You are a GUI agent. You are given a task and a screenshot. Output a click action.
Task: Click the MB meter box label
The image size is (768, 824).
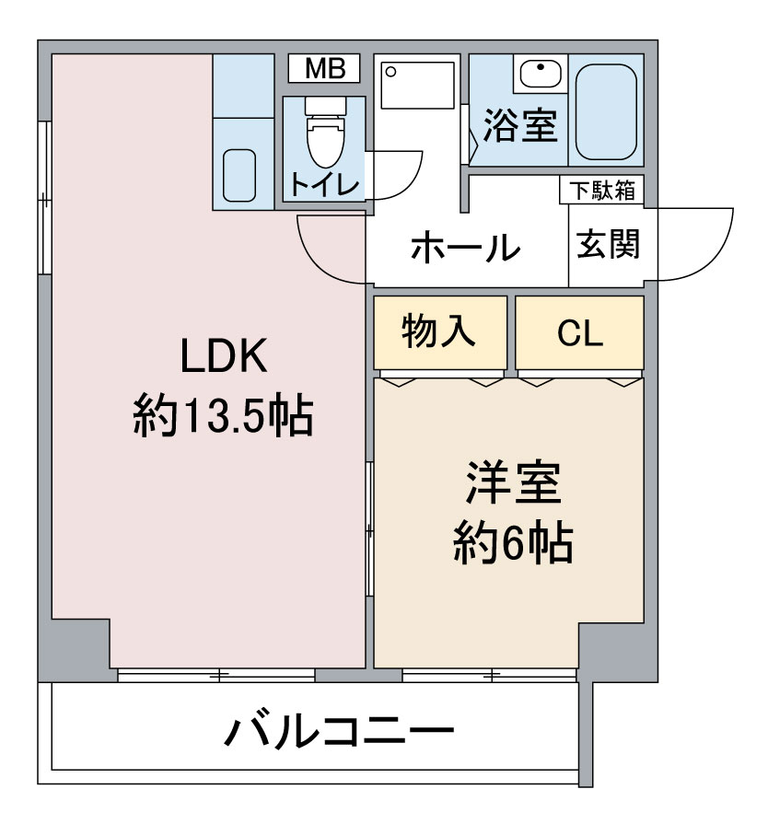(x=325, y=69)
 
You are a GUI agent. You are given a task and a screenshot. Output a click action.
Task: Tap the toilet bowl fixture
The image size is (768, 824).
(x=326, y=133)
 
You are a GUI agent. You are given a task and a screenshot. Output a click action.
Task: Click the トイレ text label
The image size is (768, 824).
(x=324, y=184)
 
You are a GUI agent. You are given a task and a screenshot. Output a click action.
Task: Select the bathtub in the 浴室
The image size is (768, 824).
(x=606, y=111)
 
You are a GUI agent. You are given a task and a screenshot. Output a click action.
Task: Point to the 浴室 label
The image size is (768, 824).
(x=520, y=125)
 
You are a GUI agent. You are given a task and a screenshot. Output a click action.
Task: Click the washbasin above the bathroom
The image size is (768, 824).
(x=540, y=74)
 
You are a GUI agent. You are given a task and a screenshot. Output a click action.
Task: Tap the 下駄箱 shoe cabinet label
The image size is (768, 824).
(x=603, y=191)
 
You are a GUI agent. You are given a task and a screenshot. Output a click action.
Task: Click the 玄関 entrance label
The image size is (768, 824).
(x=608, y=244)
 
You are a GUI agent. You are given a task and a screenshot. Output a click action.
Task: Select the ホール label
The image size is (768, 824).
(x=465, y=247)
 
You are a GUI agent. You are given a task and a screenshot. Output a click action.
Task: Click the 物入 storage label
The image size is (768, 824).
(x=438, y=331)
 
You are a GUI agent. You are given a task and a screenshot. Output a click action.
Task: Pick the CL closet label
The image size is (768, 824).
(x=580, y=332)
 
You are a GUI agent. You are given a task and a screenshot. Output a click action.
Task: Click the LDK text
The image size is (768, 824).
(x=224, y=355)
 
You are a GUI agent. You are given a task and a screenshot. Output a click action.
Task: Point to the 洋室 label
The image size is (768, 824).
(x=513, y=482)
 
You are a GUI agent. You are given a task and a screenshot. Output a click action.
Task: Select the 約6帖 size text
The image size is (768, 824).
(x=513, y=542)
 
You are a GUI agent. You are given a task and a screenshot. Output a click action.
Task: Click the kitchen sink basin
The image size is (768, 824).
(x=239, y=175)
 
